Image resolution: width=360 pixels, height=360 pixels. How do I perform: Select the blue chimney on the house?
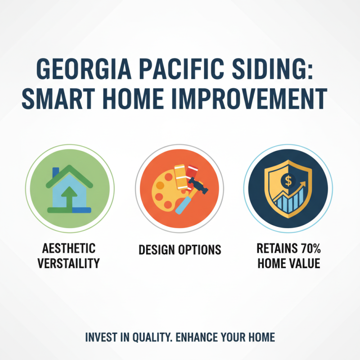pyautogui.click(x=55, y=173)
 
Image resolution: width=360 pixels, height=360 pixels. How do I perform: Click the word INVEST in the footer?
pyautogui.click(x=99, y=337)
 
